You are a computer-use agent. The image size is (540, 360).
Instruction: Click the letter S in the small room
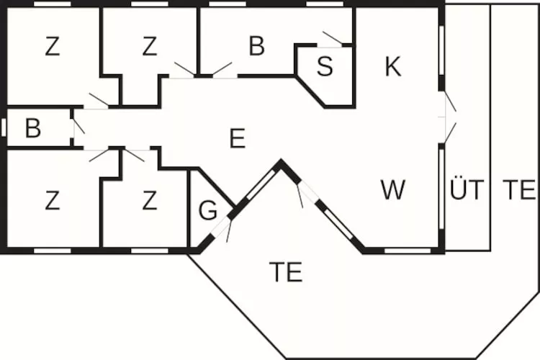point(325,66)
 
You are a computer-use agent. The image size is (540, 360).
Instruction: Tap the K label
point(393,66)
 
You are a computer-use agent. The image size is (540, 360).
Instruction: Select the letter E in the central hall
point(238,138)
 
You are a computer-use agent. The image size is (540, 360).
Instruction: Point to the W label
point(393,189)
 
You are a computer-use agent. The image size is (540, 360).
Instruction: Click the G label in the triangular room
point(207,210)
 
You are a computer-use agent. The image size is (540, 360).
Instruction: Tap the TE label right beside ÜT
point(519,189)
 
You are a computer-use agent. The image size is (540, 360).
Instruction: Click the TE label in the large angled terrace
point(286,272)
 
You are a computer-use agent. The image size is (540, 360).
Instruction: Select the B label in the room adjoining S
point(256,45)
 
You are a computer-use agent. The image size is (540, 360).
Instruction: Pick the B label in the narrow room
point(33,128)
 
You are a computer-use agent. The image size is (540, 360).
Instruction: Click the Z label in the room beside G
point(150,201)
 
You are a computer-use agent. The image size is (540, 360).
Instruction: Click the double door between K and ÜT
point(449,117)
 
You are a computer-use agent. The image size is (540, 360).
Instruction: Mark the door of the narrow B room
point(78,127)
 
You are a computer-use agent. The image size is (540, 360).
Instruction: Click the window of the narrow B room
point(4,127)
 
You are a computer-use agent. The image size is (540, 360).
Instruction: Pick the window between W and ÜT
point(441,189)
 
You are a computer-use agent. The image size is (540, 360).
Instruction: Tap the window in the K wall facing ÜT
point(441,50)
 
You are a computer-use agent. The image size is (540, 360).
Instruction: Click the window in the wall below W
point(408,251)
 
